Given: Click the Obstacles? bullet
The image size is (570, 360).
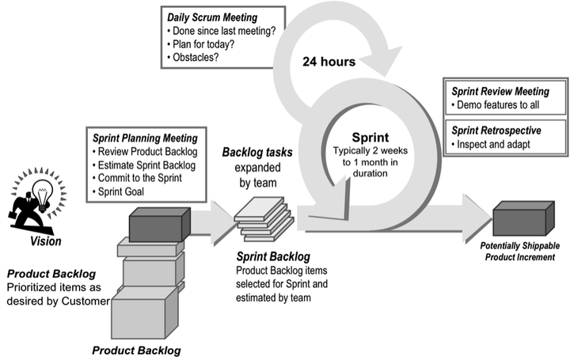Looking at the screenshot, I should coord(196,57).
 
